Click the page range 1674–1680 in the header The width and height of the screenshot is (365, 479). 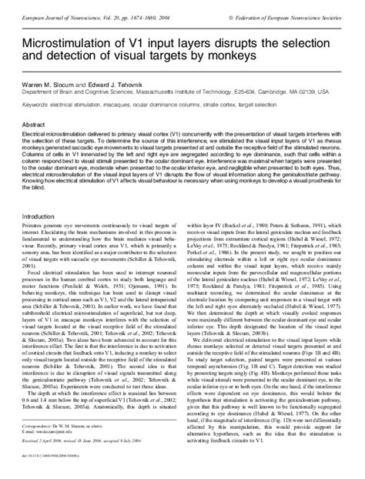pos(149,5)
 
